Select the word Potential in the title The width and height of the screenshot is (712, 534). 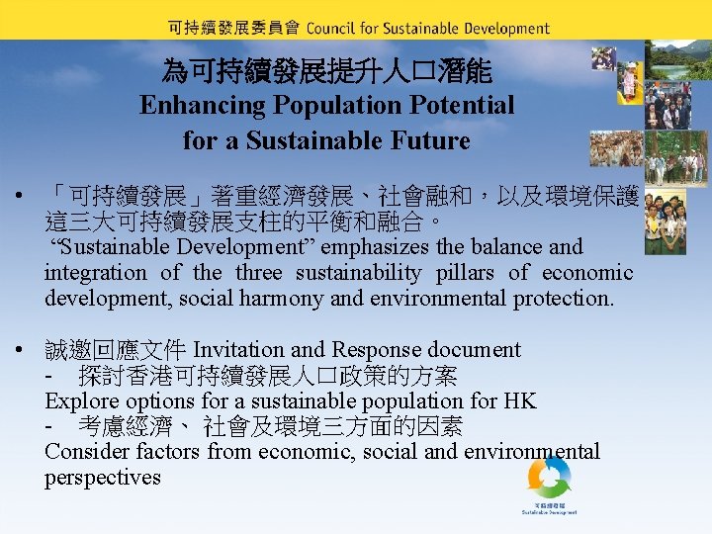tap(456, 105)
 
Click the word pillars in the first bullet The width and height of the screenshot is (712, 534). tap(465, 273)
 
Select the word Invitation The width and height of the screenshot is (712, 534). tap(241, 350)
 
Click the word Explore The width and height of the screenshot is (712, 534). tap(80, 401)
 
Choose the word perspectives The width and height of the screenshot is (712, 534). tap(102, 478)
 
